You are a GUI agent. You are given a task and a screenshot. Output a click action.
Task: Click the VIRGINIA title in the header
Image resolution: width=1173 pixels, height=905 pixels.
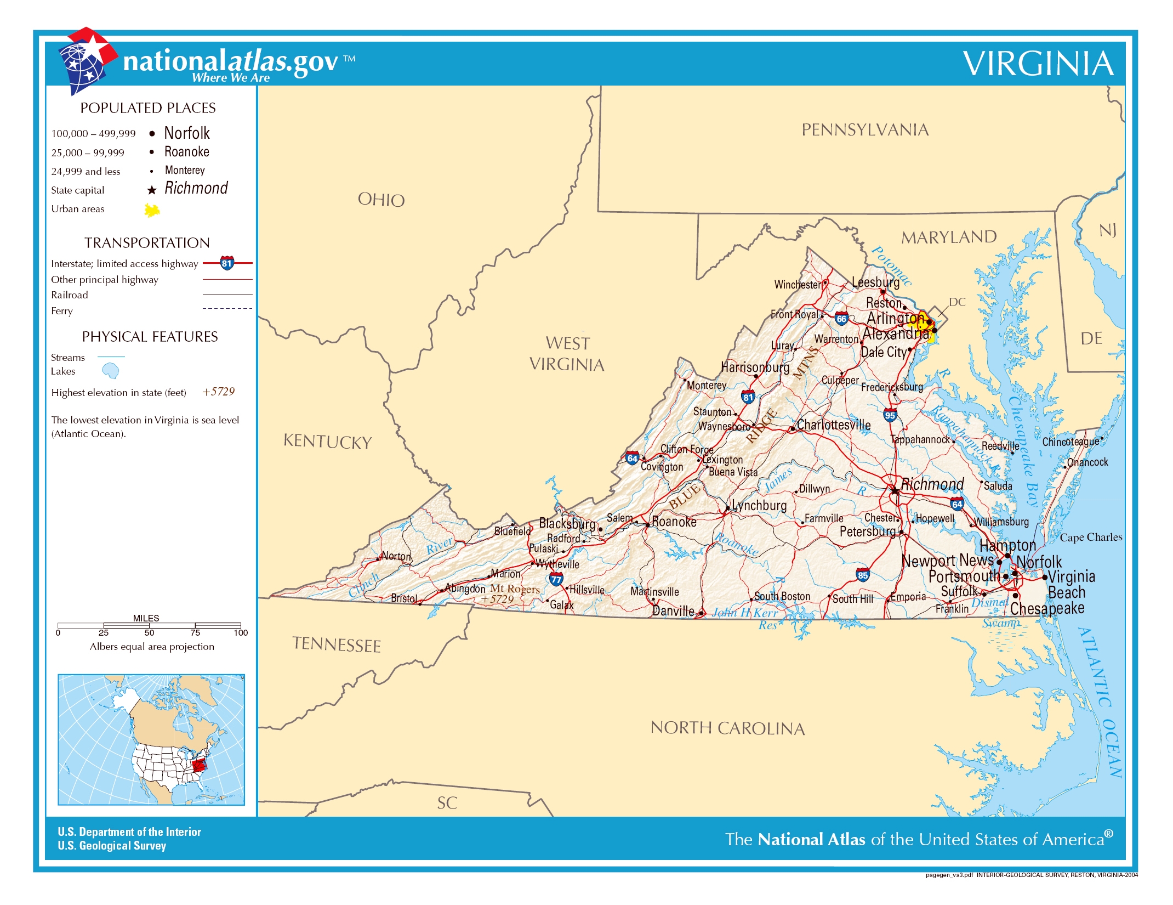[x=1038, y=64]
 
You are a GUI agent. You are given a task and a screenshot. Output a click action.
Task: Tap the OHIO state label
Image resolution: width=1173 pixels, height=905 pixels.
[x=381, y=200]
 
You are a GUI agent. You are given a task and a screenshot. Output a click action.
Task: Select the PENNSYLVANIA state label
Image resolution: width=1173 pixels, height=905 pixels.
[x=865, y=130]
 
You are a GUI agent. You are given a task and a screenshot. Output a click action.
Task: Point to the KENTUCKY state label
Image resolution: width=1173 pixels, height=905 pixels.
[x=327, y=442]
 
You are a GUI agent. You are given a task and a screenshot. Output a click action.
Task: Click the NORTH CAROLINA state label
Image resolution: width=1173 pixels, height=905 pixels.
[x=727, y=728]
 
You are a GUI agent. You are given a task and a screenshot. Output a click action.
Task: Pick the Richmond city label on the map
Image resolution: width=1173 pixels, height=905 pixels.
[x=932, y=484]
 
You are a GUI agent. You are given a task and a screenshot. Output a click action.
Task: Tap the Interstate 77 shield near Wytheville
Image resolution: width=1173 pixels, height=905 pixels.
[x=556, y=579]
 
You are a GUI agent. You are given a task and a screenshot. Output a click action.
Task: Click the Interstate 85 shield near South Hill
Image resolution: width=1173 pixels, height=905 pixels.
[x=863, y=575]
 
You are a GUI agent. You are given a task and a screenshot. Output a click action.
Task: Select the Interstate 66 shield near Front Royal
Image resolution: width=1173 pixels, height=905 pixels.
[x=841, y=318]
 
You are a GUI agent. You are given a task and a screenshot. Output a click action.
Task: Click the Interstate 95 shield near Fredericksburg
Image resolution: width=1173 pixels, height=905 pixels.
[x=890, y=415]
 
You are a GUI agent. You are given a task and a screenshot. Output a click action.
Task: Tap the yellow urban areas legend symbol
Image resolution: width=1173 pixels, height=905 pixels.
[x=152, y=210]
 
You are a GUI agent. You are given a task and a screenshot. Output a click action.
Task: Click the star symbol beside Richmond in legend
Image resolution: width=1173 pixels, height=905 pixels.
[x=152, y=190]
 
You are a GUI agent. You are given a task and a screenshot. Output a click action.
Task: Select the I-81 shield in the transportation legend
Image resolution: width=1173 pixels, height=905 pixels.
[x=227, y=263]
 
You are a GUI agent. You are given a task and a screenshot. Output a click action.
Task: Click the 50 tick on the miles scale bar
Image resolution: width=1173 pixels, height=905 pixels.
[x=149, y=625]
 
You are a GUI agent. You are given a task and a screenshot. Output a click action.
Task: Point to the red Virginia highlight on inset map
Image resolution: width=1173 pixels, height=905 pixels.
[x=199, y=763]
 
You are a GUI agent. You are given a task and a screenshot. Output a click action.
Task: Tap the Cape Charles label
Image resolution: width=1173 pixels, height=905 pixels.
[x=1090, y=538]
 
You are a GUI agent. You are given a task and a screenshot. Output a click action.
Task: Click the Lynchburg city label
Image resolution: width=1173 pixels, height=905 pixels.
[x=759, y=505]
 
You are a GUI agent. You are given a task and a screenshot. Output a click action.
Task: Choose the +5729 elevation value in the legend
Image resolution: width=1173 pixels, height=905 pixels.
[x=218, y=392]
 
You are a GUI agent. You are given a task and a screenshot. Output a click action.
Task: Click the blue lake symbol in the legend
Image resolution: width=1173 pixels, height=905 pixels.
[x=111, y=371]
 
